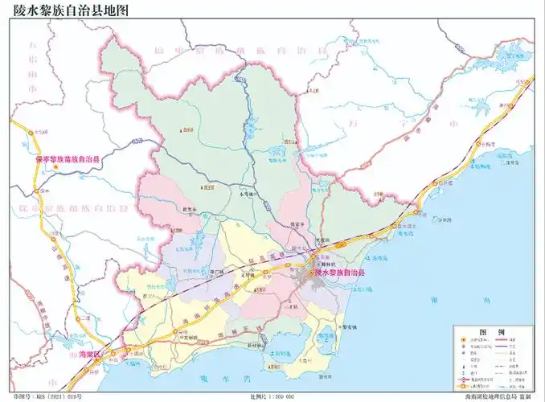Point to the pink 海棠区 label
pos(82,355)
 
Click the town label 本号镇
pos(247,194)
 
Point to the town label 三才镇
pos(294,306)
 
